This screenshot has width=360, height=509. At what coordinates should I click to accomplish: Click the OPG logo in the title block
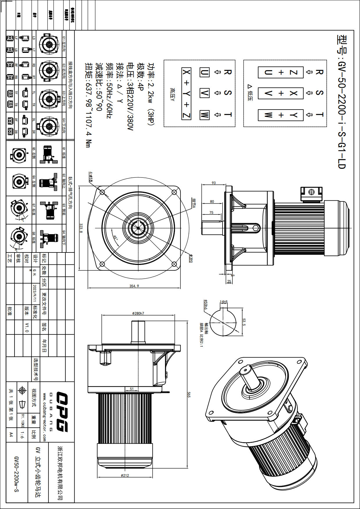pyautogui.click(x=62, y=412)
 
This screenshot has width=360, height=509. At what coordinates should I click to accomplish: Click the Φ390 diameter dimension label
pyautogui.click(x=191, y=258)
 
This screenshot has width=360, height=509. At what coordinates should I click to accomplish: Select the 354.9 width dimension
pyautogui.click(x=134, y=286)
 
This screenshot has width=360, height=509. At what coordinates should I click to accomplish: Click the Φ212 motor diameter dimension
pyautogui.click(x=125, y=476)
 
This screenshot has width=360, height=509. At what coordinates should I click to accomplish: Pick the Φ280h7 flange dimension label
pyautogui.click(x=138, y=313)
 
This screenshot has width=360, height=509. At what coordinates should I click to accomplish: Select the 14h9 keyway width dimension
pyautogui.click(x=223, y=302)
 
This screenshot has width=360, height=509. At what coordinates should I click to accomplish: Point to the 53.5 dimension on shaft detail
pyautogui.click(x=244, y=322)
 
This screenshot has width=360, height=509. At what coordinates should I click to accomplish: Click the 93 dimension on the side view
pyautogui.click(x=214, y=183)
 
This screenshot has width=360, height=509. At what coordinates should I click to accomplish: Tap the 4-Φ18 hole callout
pyautogui.click(x=91, y=177)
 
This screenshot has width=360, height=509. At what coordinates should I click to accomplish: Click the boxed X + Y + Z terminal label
pyautogui.click(x=187, y=94)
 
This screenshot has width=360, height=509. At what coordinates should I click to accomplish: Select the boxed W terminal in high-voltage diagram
pyautogui.click(x=205, y=115)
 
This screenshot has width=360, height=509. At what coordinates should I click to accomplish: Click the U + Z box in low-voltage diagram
pyautogui.click(x=281, y=72)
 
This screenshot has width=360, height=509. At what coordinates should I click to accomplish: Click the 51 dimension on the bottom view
pyautogui.click(x=132, y=389)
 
